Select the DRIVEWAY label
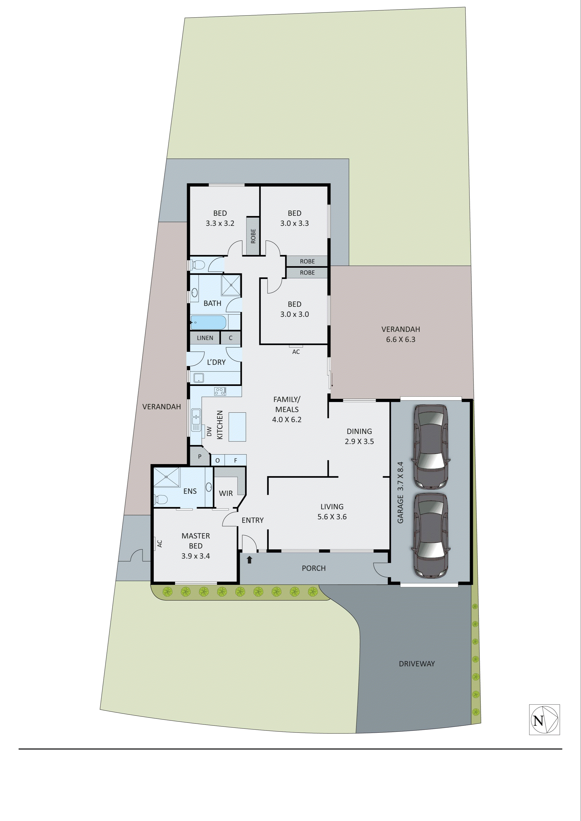tap(417, 663)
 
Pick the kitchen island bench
tap(237, 427)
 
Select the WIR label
tap(226, 493)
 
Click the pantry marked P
tap(200, 457)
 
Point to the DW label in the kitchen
tap(209, 432)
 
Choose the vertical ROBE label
tap(253, 236)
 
